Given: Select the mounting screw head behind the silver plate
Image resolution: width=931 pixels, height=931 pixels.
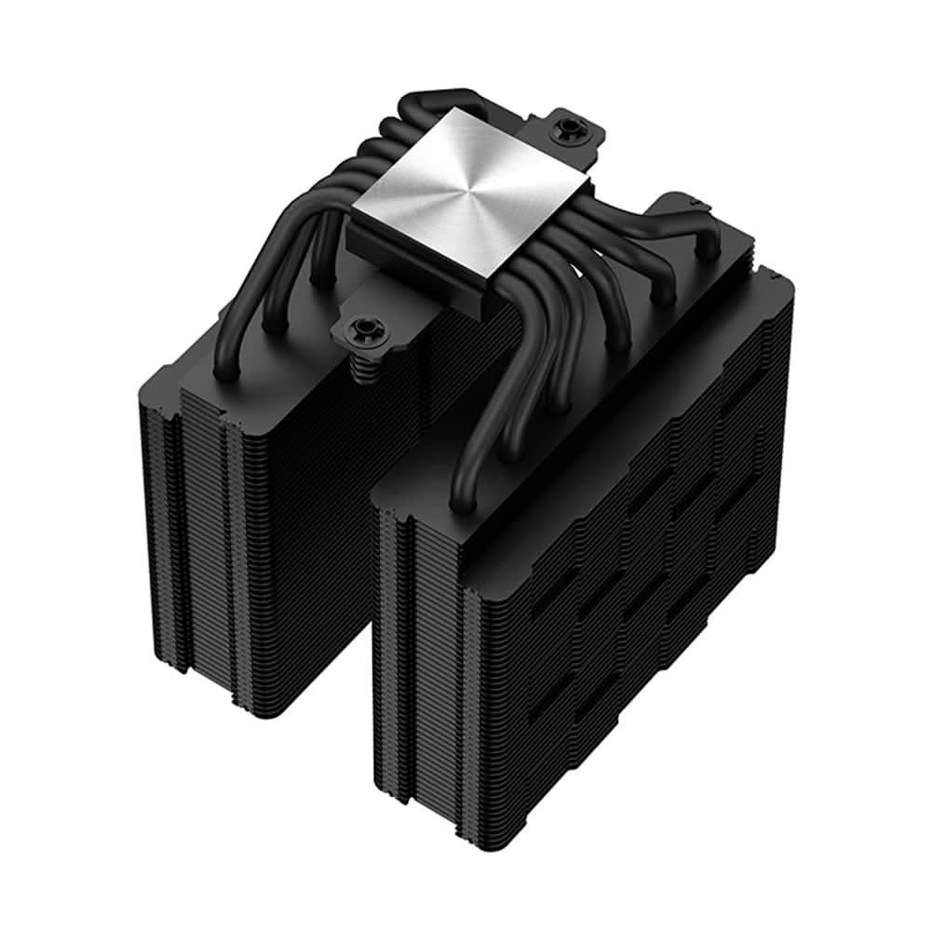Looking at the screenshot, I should (x=565, y=129).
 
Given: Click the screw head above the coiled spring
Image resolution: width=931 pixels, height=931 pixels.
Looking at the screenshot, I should (x=358, y=329).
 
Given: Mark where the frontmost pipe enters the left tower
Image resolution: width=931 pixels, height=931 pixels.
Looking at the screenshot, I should (x=223, y=372).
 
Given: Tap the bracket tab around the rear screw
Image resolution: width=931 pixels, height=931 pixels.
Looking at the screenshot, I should (x=577, y=140).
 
